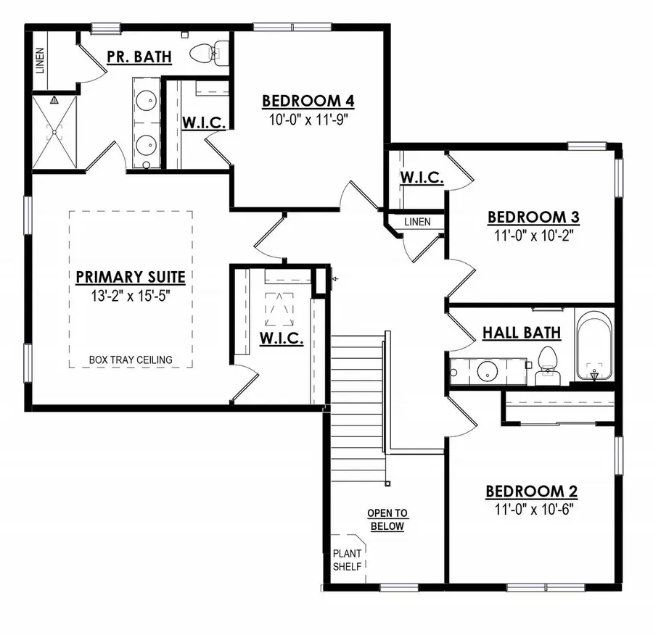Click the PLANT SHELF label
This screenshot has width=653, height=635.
tap(346, 560)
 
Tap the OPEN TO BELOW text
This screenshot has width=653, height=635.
tap(387, 520)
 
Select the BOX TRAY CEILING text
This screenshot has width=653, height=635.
tap(131, 360)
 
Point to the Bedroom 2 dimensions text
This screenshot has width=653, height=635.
tap(531, 510)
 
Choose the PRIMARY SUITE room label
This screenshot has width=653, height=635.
tap(131, 276)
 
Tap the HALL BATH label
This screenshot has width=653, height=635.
tap(522, 333)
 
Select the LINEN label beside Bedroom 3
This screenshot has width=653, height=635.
tap(417, 222)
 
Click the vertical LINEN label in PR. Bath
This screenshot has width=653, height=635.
tap(40, 61)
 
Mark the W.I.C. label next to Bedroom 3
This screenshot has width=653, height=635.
tap(422, 177)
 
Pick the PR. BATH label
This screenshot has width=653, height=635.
tap(139, 56)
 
